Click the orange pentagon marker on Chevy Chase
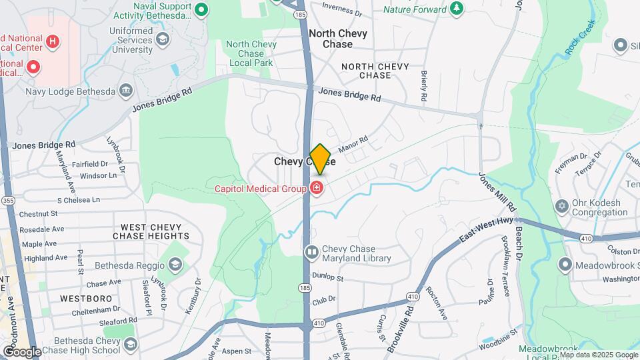[x=321, y=159]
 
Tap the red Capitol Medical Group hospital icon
[x=317, y=189]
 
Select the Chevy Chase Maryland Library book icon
[x=311, y=253]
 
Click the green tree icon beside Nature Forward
[x=457, y=9]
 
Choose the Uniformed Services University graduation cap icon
[x=162, y=41]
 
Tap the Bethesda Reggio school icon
[x=174, y=265]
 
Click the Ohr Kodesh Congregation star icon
[x=561, y=205]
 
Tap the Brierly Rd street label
[x=424, y=86]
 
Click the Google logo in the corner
[x=21, y=351]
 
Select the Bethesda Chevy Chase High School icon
[x=130, y=344]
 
